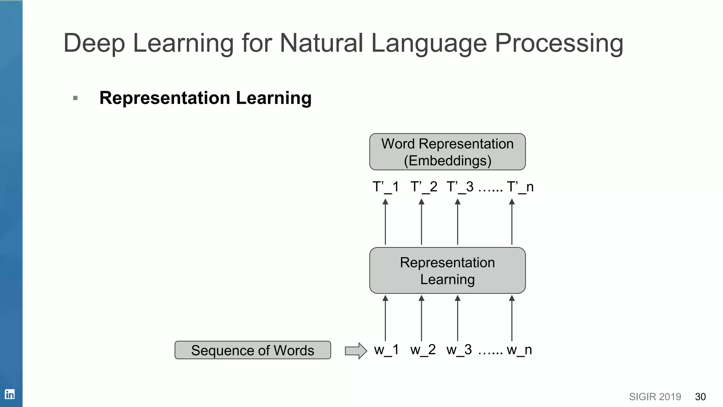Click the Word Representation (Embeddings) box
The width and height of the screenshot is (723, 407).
pos(447,152)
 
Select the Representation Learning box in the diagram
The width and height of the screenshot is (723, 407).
pos(447,271)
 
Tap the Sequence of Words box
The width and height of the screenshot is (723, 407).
pos(253,350)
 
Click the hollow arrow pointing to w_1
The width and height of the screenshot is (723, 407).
pos(355,351)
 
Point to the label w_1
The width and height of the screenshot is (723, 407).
pos(386,350)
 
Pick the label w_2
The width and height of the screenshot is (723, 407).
pos(423,350)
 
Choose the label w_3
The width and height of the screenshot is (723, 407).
pos(459,350)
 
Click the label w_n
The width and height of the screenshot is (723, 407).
pos(519,350)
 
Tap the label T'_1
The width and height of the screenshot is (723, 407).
pos(386,187)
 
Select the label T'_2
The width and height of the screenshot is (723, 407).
pos(424,187)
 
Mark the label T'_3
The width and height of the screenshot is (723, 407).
pos(460,187)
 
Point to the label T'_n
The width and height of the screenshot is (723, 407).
pos(520,187)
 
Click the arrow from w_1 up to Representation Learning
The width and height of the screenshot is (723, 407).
pos(385,318)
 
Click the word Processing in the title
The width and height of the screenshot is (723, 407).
pos(559,44)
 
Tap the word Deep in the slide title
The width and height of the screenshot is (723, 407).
pos(94,44)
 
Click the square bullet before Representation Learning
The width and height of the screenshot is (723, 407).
pos(75,98)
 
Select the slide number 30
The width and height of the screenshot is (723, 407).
pos(700,397)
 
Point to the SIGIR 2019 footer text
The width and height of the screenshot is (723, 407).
pos(655,397)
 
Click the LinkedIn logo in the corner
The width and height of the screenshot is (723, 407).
pos(10,394)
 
